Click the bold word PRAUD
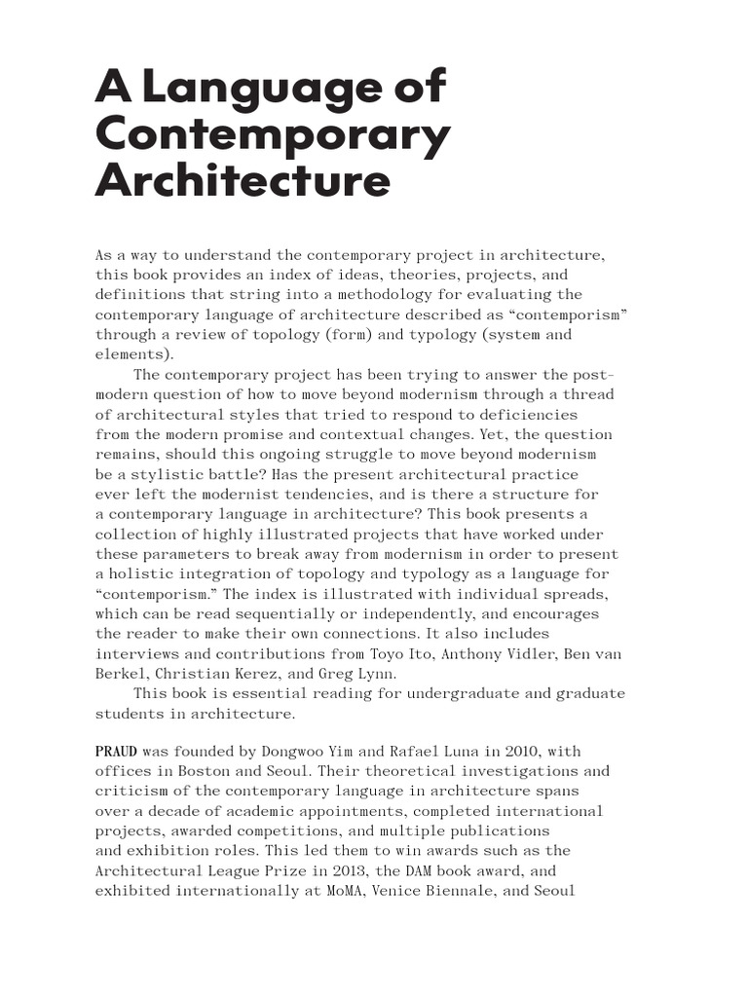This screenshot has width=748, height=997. click(x=116, y=751)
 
